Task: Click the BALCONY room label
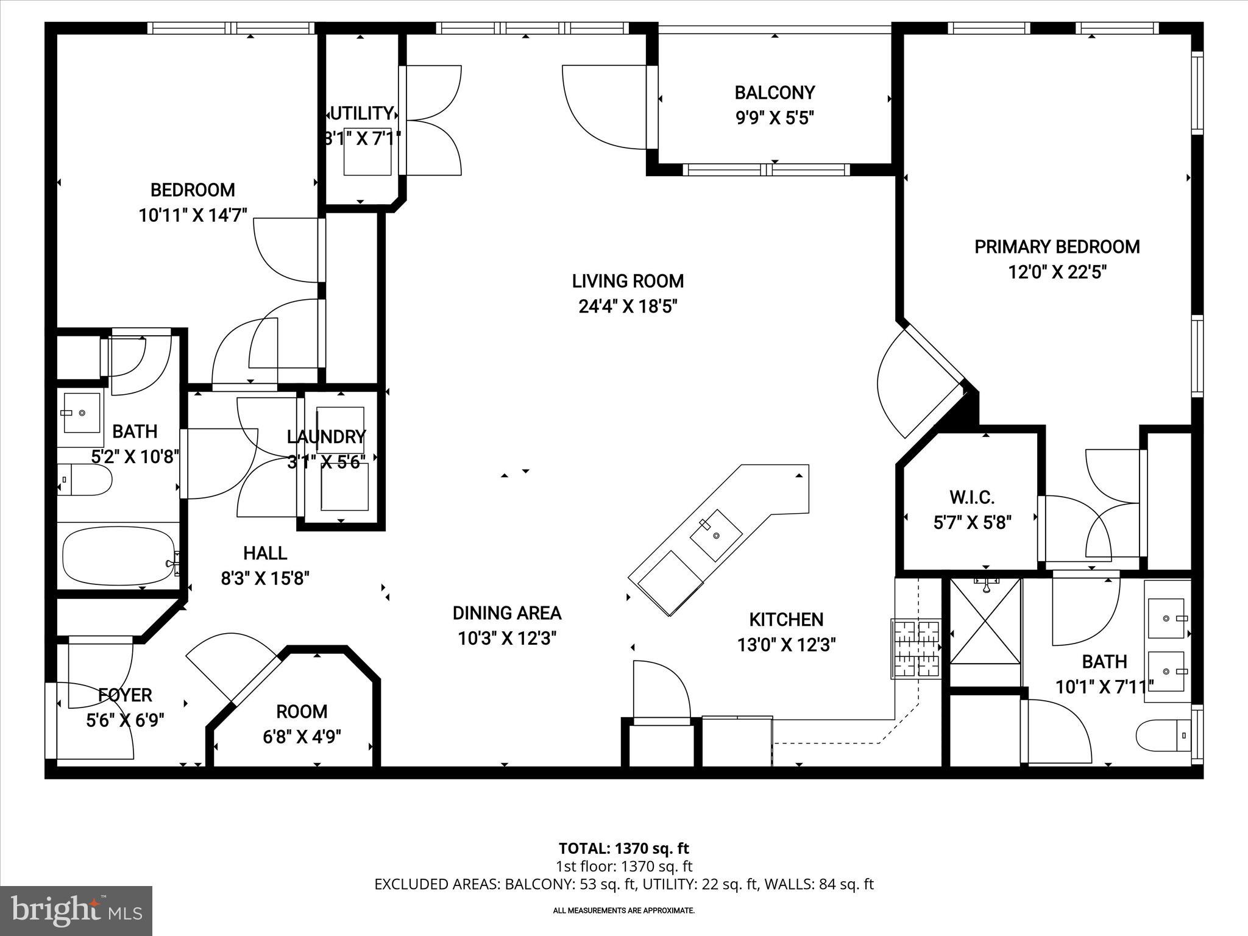click(x=774, y=93)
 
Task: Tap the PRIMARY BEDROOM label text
click(x=1057, y=247)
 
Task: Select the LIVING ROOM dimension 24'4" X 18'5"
click(x=628, y=306)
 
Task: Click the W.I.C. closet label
click(x=972, y=497)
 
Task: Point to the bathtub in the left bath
click(x=119, y=555)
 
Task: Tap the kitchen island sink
click(x=715, y=535)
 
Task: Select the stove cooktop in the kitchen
click(x=916, y=649)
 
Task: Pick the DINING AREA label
click(x=506, y=613)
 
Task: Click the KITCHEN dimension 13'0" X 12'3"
click(x=786, y=645)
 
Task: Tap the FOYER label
click(x=125, y=695)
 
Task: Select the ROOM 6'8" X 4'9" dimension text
click(x=302, y=737)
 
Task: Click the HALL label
click(x=265, y=553)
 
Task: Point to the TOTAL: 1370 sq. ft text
click(x=623, y=848)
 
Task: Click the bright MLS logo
click(x=76, y=910)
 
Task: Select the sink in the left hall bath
click(x=82, y=413)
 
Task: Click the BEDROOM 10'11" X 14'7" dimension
click(x=193, y=215)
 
